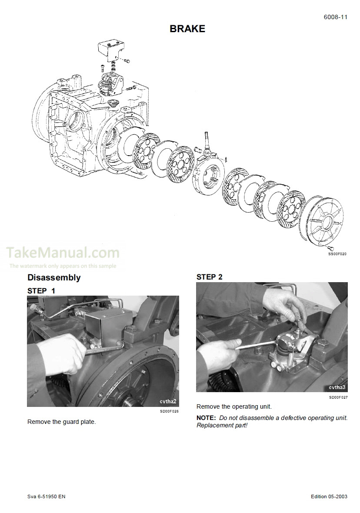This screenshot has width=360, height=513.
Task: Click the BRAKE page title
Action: point(187,29)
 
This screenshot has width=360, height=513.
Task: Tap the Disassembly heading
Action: point(53,277)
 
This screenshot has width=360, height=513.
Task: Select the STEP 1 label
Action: point(41,290)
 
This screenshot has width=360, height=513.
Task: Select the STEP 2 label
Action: point(210,277)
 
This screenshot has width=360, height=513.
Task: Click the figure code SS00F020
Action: point(337,253)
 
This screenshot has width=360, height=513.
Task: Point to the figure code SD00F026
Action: point(169,411)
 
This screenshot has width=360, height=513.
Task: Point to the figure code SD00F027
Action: point(338,397)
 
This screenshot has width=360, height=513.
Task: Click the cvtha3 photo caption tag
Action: point(337,387)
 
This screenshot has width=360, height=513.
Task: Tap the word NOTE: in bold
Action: point(206,418)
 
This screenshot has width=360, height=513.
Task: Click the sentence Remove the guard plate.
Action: point(61,422)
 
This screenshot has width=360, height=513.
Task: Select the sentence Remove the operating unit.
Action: point(234,406)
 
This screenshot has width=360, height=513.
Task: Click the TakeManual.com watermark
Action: point(63,253)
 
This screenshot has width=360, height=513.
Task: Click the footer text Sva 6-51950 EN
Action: point(46,496)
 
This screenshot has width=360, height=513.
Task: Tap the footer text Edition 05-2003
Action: point(329,496)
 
